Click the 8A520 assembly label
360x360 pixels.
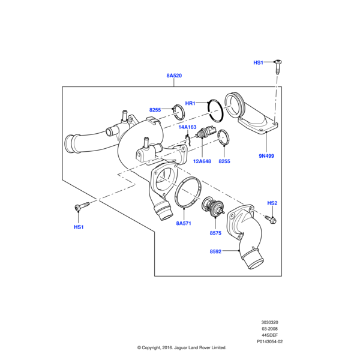click(174, 76)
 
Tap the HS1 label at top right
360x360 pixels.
click(259, 62)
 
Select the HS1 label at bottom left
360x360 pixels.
click(79, 227)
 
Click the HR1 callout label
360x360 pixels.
click(190, 104)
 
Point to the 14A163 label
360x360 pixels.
click(187, 127)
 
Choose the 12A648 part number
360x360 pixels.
click(202, 161)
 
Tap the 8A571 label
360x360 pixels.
click(184, 223)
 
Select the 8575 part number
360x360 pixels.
click(215, 233)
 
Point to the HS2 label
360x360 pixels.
click(272, 203)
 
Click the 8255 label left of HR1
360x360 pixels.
click(156, 110)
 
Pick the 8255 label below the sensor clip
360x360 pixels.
click(224, 161)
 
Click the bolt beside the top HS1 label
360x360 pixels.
click(278, 65)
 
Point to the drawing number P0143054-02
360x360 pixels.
click(269, 341)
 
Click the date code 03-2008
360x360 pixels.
click(269, 329)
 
